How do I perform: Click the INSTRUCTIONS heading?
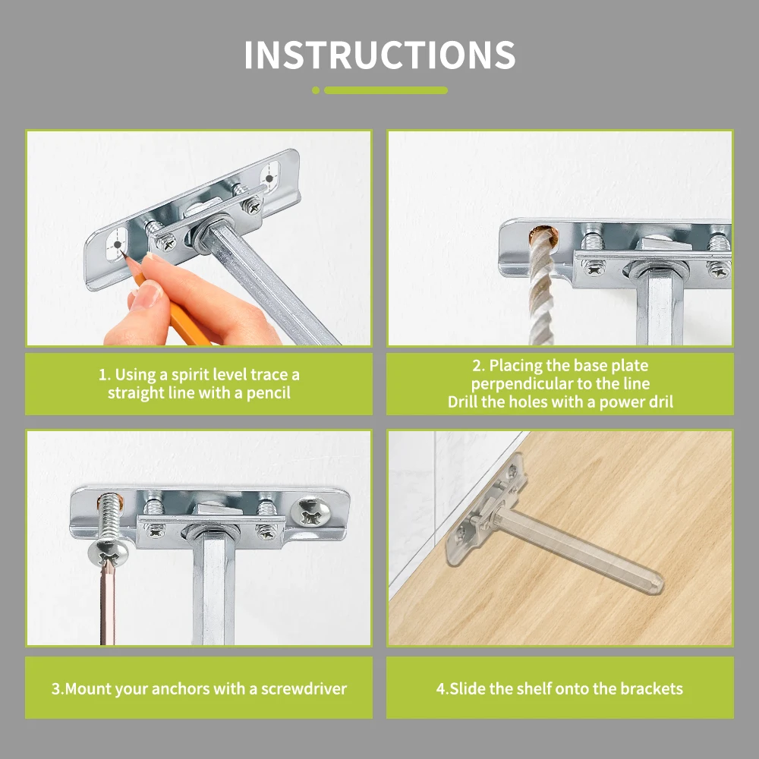[380, 55]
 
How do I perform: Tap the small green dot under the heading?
[316, 90]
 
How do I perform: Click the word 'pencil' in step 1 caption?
[268, 392]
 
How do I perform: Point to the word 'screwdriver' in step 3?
[304, 688]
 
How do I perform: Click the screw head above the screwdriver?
[108, 551]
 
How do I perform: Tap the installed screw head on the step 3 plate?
[310, 512]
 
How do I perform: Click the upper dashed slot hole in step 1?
[269, 176]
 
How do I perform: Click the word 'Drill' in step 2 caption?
[463, 402]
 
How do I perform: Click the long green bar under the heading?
[386, 90]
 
